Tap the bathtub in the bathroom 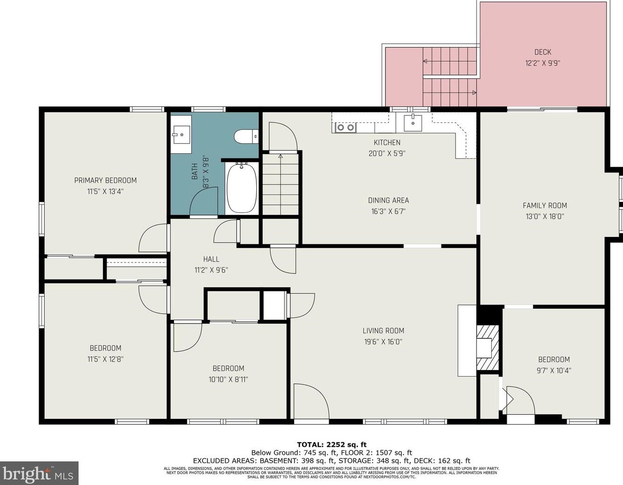tap(241, 188)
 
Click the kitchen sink tap(413, 123)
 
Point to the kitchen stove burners tap(346, 127)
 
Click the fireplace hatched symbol tap(488, 348)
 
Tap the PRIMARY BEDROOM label tap(106, 181)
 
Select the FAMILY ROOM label tap(545, 205)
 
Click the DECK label tap(543, 52)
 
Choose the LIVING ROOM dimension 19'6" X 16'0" tap(383, 342)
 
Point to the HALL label tap(211, 259)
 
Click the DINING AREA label tap(389, 200)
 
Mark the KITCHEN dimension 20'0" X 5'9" tap(387, 154)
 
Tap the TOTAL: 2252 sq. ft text tap(332, 445)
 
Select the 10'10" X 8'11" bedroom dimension tap(228, 379)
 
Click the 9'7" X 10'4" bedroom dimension tap(554, 370)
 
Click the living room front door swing tap(311, 402)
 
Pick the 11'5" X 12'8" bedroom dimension tap(106, 359)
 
